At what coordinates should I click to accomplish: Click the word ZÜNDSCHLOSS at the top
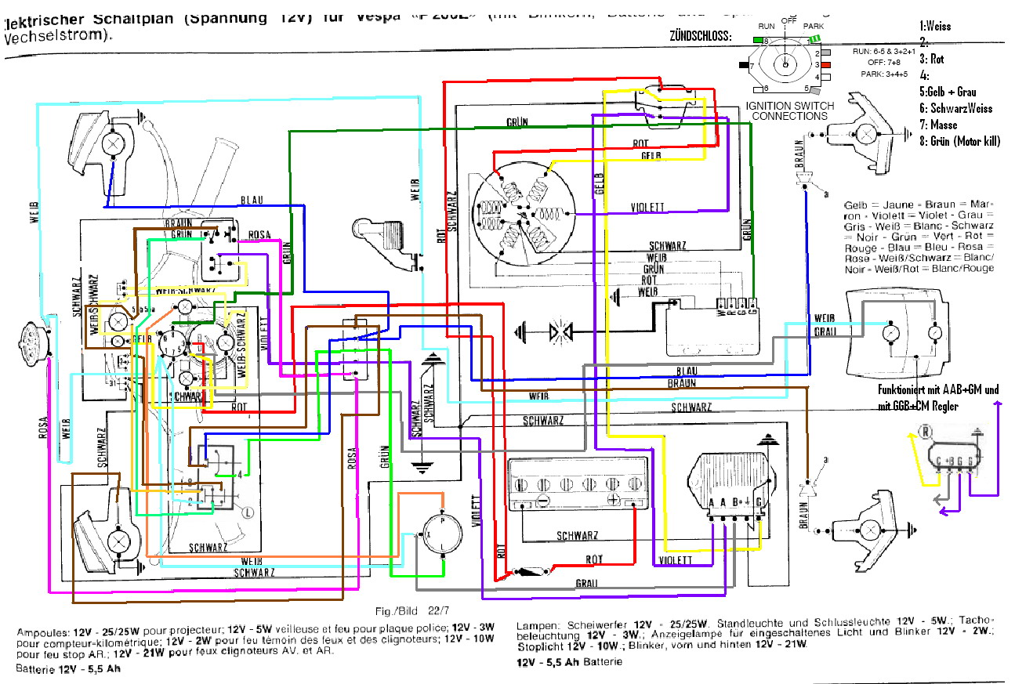701,35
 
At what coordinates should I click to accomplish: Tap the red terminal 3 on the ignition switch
825,64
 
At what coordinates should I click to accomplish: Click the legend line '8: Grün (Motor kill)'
959,142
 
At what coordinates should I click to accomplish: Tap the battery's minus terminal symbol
541,500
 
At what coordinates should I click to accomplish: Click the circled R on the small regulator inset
926,432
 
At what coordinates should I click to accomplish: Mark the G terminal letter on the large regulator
759,502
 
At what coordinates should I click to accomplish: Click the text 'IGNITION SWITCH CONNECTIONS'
789,110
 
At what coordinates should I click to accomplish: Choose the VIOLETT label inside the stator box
647,208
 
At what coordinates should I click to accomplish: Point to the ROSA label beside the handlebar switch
259,234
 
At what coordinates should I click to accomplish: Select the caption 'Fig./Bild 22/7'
408,611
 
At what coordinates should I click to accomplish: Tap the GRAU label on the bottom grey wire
587,584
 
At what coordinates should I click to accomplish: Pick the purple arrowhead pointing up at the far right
998,403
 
